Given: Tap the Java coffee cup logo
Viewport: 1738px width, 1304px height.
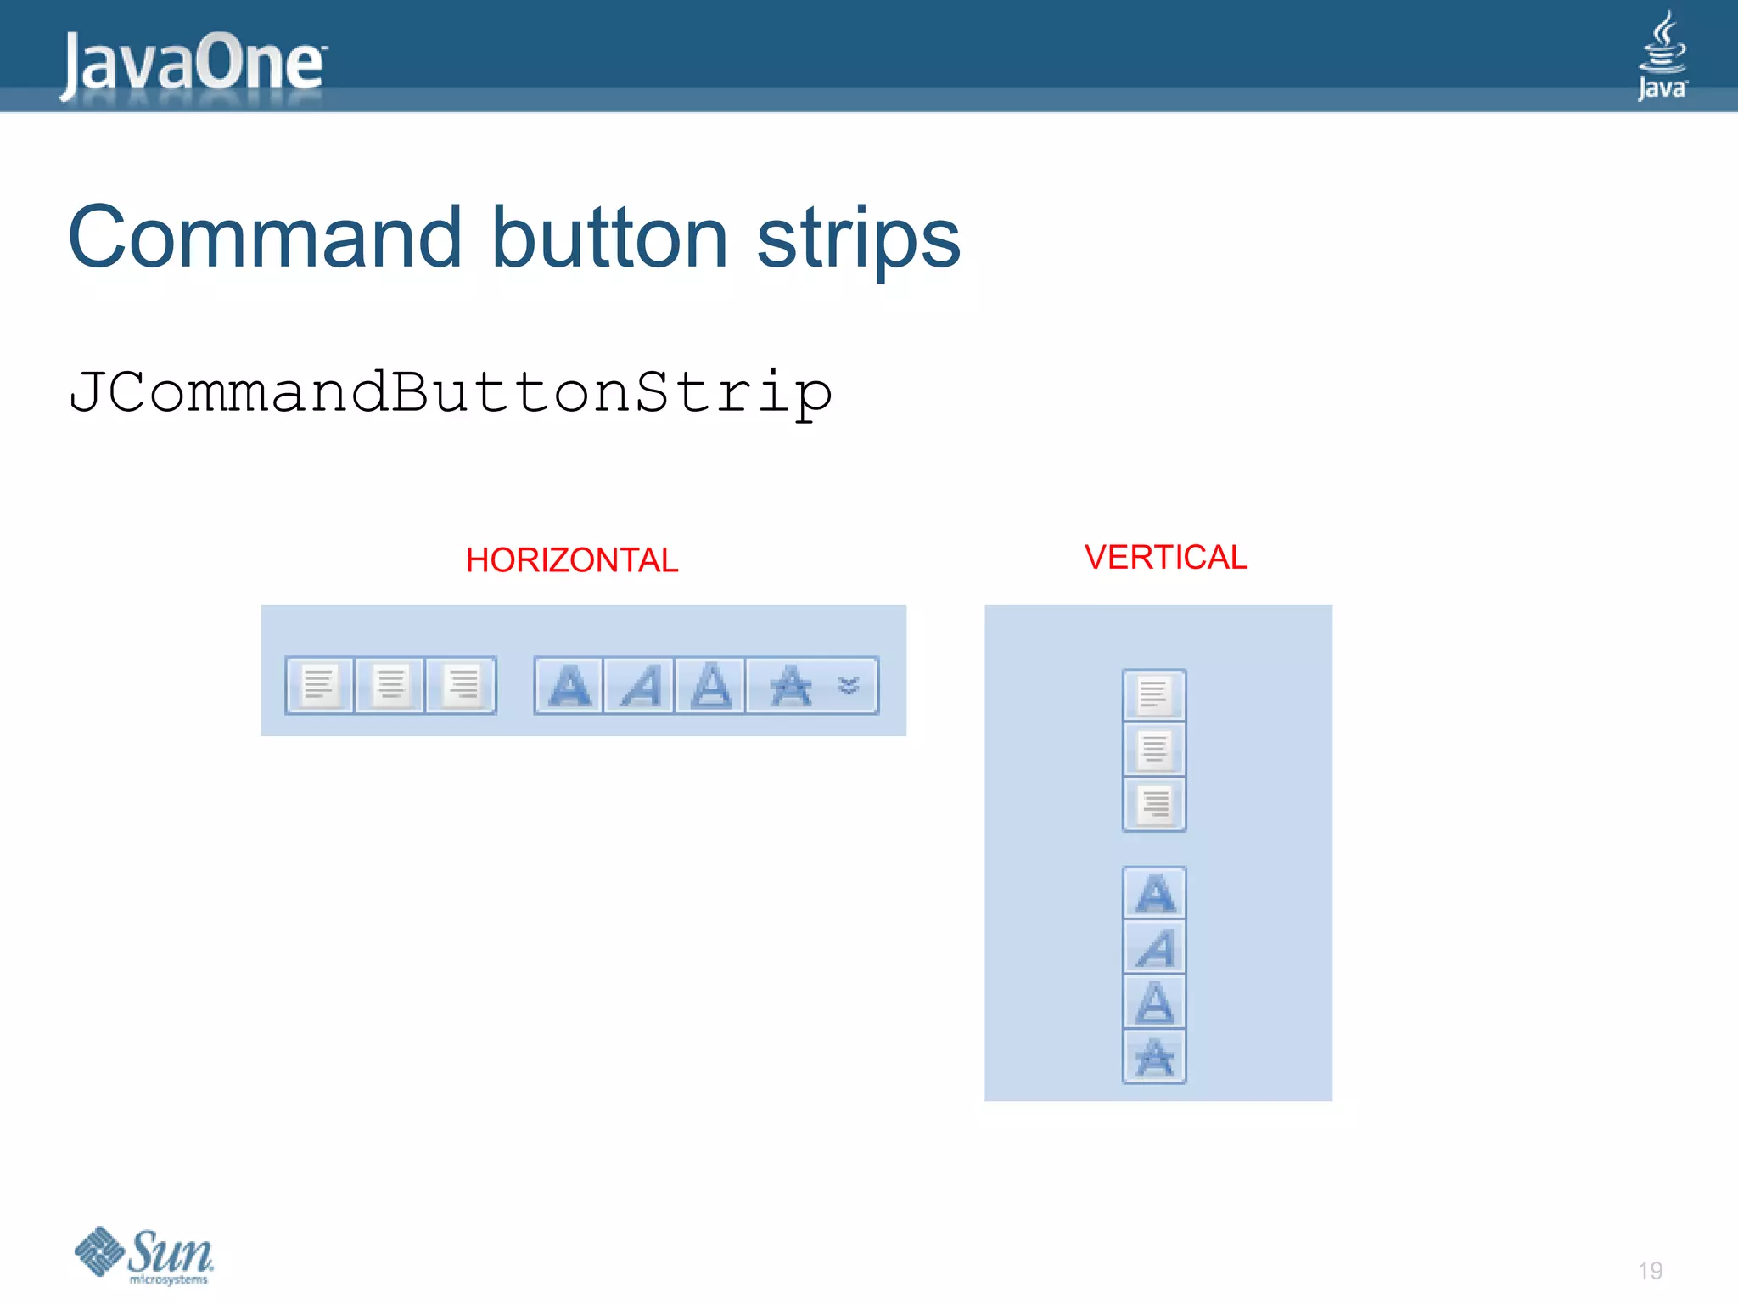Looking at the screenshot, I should tap(1662, 56).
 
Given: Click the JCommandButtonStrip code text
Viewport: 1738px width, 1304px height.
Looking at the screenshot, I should tap(450, 392).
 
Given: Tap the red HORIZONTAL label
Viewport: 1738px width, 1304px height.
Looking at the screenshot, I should tap(572, 560).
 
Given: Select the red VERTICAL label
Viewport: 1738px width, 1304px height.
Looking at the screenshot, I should tap(1166, 558).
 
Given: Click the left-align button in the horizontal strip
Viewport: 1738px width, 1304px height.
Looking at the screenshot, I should tap(319, 685).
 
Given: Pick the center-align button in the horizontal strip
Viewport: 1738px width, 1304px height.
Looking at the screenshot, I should tap(390, 685).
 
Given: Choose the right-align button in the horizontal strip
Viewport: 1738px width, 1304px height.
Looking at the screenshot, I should tap(462, 685).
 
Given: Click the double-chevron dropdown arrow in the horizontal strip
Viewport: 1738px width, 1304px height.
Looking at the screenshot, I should tap(849, 685).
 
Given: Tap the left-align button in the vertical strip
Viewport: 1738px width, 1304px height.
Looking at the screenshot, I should tap(1154, 695).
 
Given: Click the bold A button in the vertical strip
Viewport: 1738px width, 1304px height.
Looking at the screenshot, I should tap(1154, 893).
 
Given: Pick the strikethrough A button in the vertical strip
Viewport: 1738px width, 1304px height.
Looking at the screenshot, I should tap(1154, 1058).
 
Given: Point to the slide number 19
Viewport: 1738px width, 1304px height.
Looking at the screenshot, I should tap(1650, 1270).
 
